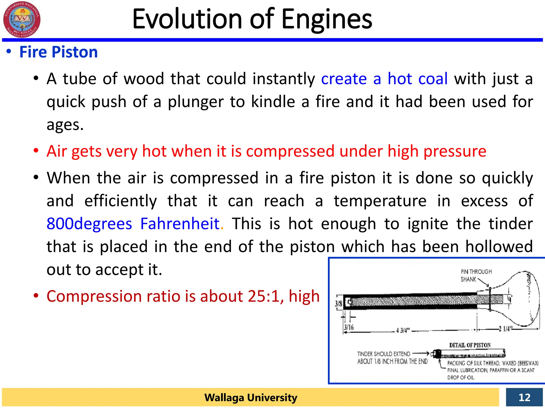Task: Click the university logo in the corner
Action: (x=22, y=19)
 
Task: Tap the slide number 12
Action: (x=524, y=397)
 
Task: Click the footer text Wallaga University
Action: (x=251, y=398)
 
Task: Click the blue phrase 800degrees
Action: (x=89, y=224)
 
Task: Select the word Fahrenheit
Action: (x=180, y=224)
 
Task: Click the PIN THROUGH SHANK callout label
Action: (x=476, y=275)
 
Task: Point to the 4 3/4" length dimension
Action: (x=403, y=330)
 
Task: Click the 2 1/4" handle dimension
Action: (x=504, y=329)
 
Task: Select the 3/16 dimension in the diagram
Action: (x=349, y=327)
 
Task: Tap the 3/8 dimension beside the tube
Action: (x=338, y=304)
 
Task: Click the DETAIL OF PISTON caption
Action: (x=470, y=345)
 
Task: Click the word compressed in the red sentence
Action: (x=290, y=151)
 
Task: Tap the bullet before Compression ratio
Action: (x=36, y=296)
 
